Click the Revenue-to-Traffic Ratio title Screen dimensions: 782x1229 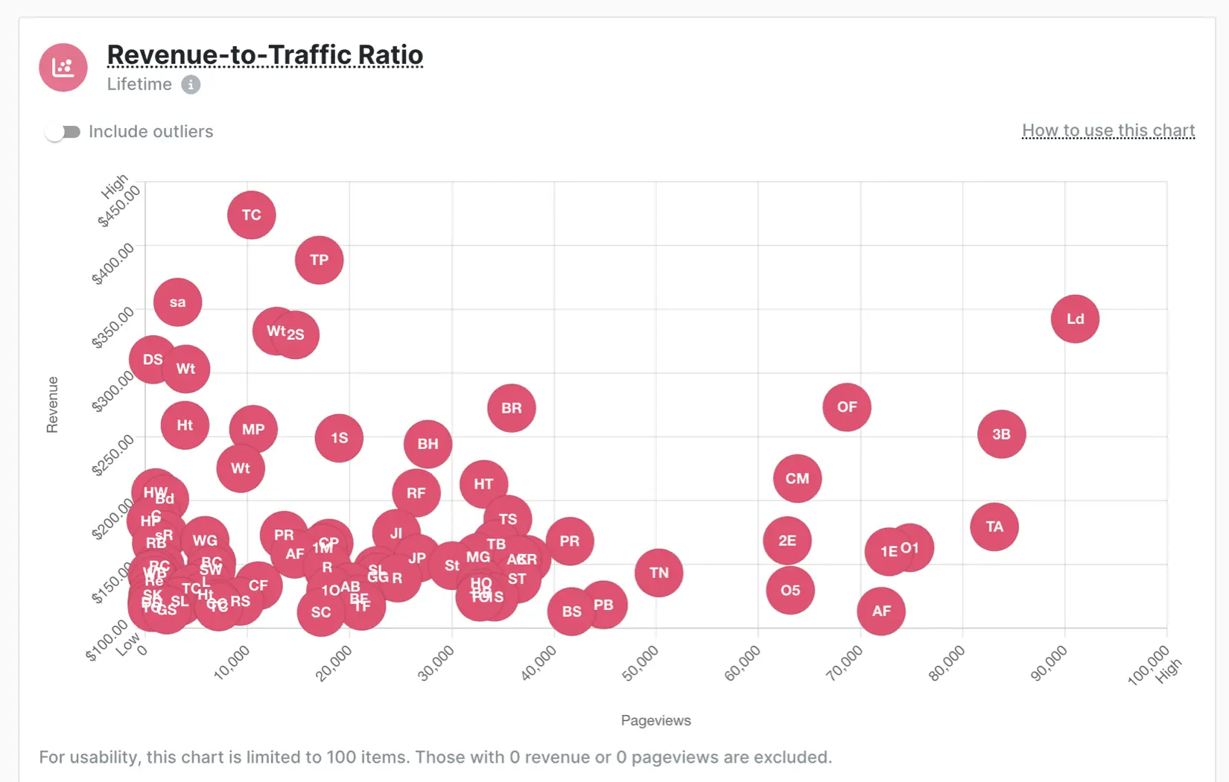coord(264,55)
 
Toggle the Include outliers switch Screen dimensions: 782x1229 coord(63,132)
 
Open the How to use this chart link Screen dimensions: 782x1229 coord(1108,131)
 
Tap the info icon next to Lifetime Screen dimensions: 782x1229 coord(191,85)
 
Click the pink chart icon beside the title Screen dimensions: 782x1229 coord(63,68)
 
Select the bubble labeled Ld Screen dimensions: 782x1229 coord(1075,319)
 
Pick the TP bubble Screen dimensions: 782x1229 coord(319,260)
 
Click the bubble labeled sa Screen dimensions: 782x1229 coord(177,302)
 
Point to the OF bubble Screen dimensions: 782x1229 coord(847,407)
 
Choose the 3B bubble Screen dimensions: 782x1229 coord(1001,434)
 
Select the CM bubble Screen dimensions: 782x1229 coord(797,479)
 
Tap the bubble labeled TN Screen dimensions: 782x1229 coord(658,573)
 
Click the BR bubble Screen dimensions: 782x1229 coord(511,408)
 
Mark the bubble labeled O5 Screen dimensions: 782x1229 coord(790,591)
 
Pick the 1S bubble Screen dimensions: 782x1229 coord(339,438)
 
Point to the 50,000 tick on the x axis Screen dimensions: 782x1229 coord(641,663)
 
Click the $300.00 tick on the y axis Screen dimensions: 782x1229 coord(113,390)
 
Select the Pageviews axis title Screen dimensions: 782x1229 coord(655,720)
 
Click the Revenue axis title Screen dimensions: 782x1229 coord(52,404)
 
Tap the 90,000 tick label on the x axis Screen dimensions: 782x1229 coord(1049,663)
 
